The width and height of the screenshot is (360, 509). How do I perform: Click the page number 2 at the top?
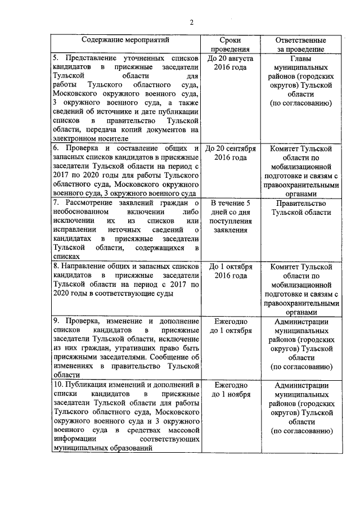[191, 23]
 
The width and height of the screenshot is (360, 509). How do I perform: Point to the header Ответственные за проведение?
[300, 45]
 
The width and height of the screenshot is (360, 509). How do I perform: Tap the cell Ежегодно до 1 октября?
[231, 326]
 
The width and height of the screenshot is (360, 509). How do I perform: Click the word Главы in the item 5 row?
[300, 58]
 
